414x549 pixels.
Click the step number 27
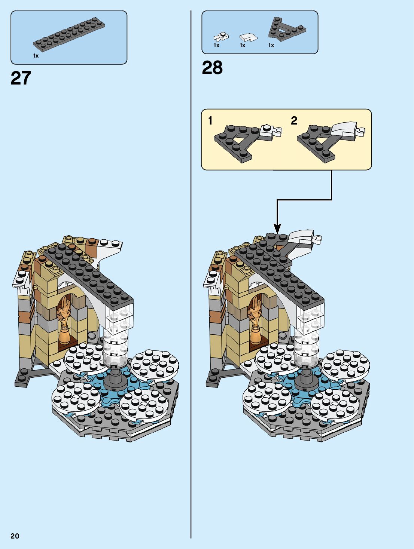21,78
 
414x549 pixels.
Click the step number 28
212,68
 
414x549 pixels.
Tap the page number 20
15,536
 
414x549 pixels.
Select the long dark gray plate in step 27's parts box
69,35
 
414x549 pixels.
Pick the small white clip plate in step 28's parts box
220,36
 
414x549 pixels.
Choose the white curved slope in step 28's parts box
248,37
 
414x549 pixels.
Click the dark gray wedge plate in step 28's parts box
285,29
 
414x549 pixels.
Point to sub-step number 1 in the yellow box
210,120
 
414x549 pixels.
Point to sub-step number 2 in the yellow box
294,120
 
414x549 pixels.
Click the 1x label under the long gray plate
36,56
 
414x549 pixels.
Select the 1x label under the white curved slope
243,45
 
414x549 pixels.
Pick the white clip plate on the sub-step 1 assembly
271,132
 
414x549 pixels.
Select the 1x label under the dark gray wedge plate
271,45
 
